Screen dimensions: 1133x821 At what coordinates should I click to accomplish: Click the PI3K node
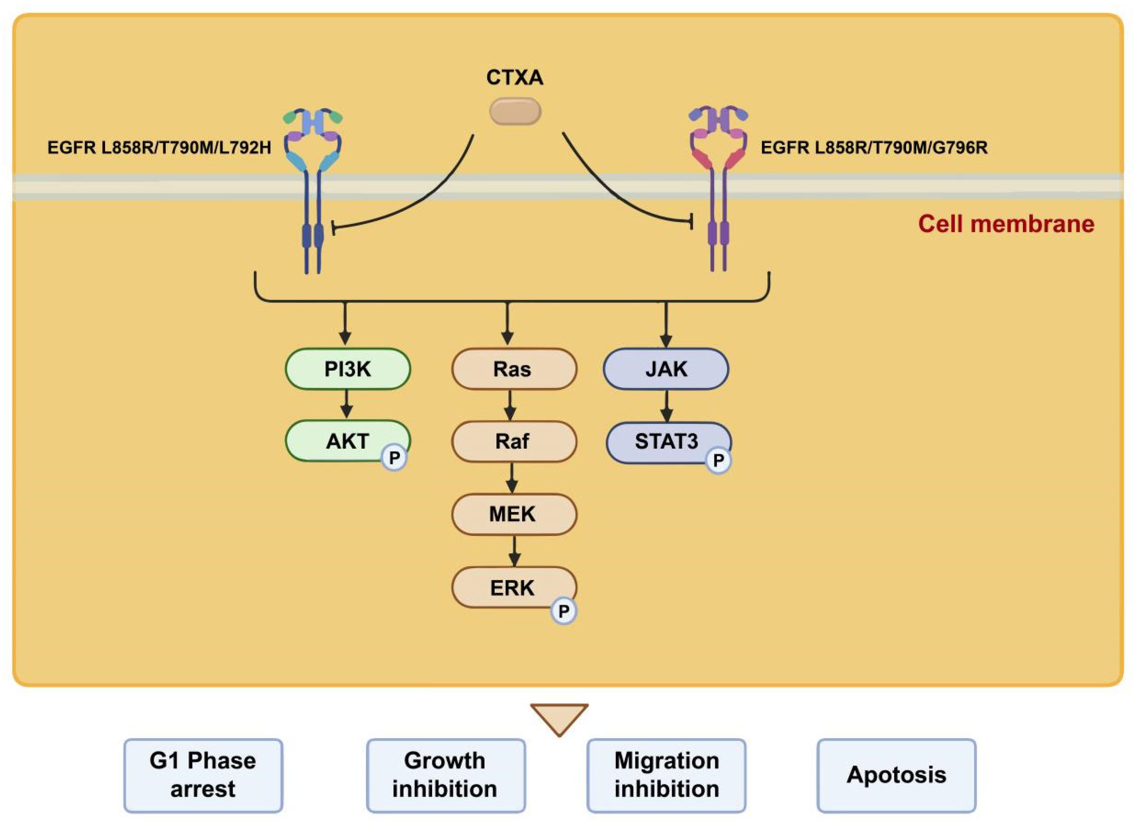point(348,369)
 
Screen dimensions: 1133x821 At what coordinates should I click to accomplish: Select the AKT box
point(348,441)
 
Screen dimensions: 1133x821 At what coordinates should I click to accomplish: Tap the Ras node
point(514,369)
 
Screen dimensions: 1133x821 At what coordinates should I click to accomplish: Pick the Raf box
point(514,441)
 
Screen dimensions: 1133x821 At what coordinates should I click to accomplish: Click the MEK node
point(514,514)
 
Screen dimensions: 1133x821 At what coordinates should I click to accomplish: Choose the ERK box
point(514,587)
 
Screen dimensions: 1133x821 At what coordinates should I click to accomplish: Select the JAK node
point(666,369)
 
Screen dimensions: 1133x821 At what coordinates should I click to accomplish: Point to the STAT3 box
point(668,442)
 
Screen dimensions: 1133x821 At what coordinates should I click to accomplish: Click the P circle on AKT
point(394,458)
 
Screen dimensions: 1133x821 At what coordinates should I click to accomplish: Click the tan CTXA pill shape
point(515,111)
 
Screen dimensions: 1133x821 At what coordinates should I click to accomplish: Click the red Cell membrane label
point(1006,224)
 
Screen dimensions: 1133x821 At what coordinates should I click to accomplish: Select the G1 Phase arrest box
point(203,776)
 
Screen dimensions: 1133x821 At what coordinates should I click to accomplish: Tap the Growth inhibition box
point(445,776)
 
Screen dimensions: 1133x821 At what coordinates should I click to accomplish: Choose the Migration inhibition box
point(666,776)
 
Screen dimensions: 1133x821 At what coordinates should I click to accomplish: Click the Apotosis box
point(897,776)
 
